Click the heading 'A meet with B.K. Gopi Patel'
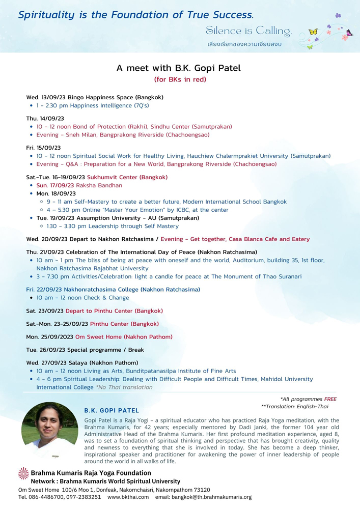[179, 68]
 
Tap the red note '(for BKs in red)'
[180, 79]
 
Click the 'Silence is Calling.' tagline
[248, 32]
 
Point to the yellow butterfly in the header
[313, 32]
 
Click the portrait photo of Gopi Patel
[50, 430]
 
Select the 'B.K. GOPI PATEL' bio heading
[112, 410]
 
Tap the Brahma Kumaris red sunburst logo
[23, 473]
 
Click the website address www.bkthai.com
[128, 497]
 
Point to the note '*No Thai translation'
[124, 387]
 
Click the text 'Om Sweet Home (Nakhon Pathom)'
[124, 337]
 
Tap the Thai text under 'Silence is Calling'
[244, 44]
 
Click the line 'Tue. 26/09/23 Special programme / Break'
[85, 350]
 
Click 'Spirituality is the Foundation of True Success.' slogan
[135, 15]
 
